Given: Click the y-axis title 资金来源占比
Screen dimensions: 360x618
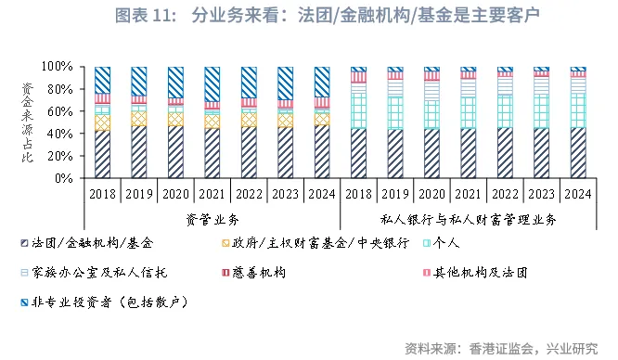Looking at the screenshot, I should pyautogui.click(x=28, y=122).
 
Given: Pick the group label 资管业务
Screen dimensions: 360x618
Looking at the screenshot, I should pyautogui.click(x=212, y=219).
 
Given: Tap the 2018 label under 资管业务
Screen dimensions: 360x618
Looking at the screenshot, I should pyautogui.click(x=103, y=195).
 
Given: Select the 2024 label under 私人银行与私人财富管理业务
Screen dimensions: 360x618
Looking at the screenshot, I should pyautogui.click(x=578, y=195).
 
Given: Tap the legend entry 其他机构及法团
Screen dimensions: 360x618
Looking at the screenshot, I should pyautogui.click(x=474, y=273).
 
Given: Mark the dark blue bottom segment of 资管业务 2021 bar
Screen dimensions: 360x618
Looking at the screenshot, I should pyautogui.click(x=212, y=153).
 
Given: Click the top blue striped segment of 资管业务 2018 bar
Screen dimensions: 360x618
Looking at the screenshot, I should pyautogui.click(x=103, y=80).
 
